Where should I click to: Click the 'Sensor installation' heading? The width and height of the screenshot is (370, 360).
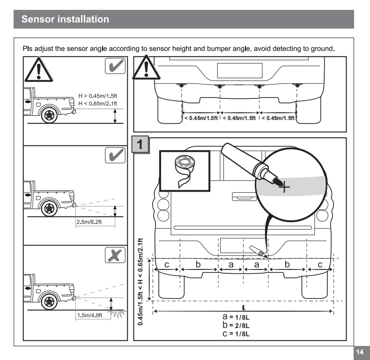pyautogui.click(x=65, y=19)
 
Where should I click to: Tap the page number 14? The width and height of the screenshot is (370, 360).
pyautogui.click(x=360, y=352)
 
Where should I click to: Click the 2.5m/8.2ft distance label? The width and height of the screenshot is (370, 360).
pyautogui.click(x=89, y=222)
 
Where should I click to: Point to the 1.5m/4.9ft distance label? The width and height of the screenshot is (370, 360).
pyautogui.click(x=89, y=315)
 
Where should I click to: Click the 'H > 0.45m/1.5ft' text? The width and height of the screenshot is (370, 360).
pyautogui.click(x=97, y=95)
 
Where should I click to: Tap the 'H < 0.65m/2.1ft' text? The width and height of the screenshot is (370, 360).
pyautogui.click(x=97, y=103)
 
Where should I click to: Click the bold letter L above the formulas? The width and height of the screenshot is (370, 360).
pyautogui.click(x=244, y=307)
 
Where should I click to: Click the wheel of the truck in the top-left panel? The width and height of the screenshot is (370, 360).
pyautogui.click(x=48, y=114)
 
